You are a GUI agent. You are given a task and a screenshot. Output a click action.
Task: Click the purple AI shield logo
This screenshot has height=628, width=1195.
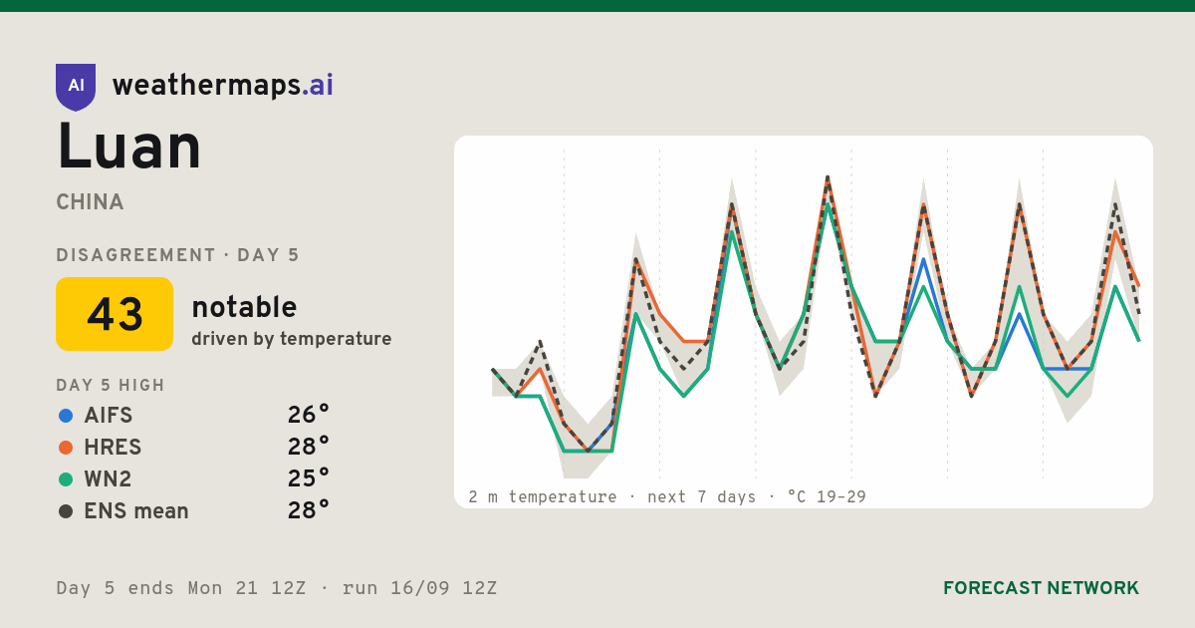click(x=76, y=87)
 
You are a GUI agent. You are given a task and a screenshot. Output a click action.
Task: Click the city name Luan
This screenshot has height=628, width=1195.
click(x=128, y=147)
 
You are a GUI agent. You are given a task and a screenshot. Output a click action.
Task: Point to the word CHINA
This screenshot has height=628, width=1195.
click(x=90, y=202)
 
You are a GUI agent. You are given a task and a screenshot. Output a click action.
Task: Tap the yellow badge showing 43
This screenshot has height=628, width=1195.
click(x=115, y=314)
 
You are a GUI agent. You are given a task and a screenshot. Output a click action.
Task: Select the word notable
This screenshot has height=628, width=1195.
click(x=244, y=307)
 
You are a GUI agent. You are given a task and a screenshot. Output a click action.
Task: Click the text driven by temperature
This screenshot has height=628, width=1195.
click(x=291, y=339)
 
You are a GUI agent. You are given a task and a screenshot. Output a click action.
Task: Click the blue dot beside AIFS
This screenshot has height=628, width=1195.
click(x=66, y=416)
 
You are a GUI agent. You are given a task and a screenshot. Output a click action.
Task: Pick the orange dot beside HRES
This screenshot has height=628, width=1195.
click(x=66, y=448)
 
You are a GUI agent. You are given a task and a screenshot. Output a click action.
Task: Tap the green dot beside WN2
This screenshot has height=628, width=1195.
click(x=66, y=479)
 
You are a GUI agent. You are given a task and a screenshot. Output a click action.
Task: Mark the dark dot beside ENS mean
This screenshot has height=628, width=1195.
click(x=66, y=511)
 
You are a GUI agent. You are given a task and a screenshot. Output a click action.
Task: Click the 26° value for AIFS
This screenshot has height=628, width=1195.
click(x=309, y=415)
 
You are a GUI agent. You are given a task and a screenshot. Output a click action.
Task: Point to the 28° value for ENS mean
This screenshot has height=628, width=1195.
click(x=309, y=511)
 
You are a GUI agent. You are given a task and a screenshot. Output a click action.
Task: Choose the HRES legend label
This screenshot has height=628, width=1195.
click(x=113, y=448)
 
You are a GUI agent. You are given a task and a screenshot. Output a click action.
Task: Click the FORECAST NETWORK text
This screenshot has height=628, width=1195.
click(x=1041, y=588)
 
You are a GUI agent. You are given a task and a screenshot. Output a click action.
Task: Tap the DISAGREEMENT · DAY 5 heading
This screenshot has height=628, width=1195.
click(x=177, y=255)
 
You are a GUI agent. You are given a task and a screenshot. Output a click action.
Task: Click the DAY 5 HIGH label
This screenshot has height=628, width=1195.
click(x=111, y=385)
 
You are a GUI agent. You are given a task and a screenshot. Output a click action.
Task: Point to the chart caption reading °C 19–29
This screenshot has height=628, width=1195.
click(x=827, y=496)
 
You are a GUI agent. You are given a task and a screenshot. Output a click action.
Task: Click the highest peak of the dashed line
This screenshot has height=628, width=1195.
click(x=828, y=176)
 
